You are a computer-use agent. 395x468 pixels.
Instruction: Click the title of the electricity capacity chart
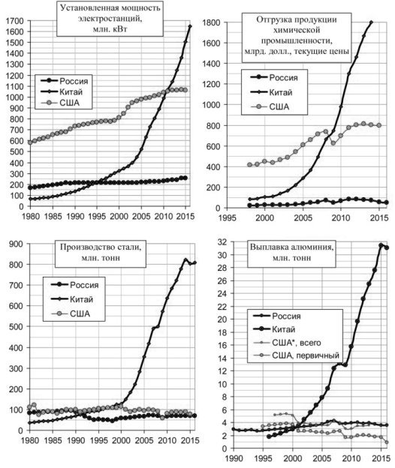pyautogui.click(x=110, y=19)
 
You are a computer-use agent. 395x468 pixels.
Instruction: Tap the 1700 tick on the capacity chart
pyautogui.click(x=14, y=21)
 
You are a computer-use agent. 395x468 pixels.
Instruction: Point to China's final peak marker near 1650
pyautogui.click(x=190, y=26)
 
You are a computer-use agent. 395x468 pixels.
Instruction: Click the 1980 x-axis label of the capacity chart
pyautogui.click(x=31, y=216)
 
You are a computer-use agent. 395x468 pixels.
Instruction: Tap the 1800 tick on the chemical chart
pyautogui.click(x=211, y=22)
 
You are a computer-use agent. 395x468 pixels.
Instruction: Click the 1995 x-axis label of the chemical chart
pyautogui.click(x=228, y=217)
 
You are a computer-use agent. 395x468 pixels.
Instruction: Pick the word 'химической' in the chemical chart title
pyautogui.click(x=297, y=30)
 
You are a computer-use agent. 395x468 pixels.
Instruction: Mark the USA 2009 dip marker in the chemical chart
pyautogui.click(x=333, y=143)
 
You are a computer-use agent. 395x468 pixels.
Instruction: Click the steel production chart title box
pyautogui.click(x=101, y=253)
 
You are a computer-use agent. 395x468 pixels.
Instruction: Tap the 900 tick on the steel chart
pyautogui.click(x=17, y=244)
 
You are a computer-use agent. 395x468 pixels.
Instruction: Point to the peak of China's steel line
pyautogui.click(x=185, y=259)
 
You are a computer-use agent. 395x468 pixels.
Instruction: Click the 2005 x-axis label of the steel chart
pyautogui.click(x=144, y=440)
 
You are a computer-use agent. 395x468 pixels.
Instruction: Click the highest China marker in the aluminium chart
pyautogui.click(x=381, y=245)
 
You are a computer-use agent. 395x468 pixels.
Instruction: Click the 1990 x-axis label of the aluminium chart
pyautogui.click(x=234, y=457)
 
